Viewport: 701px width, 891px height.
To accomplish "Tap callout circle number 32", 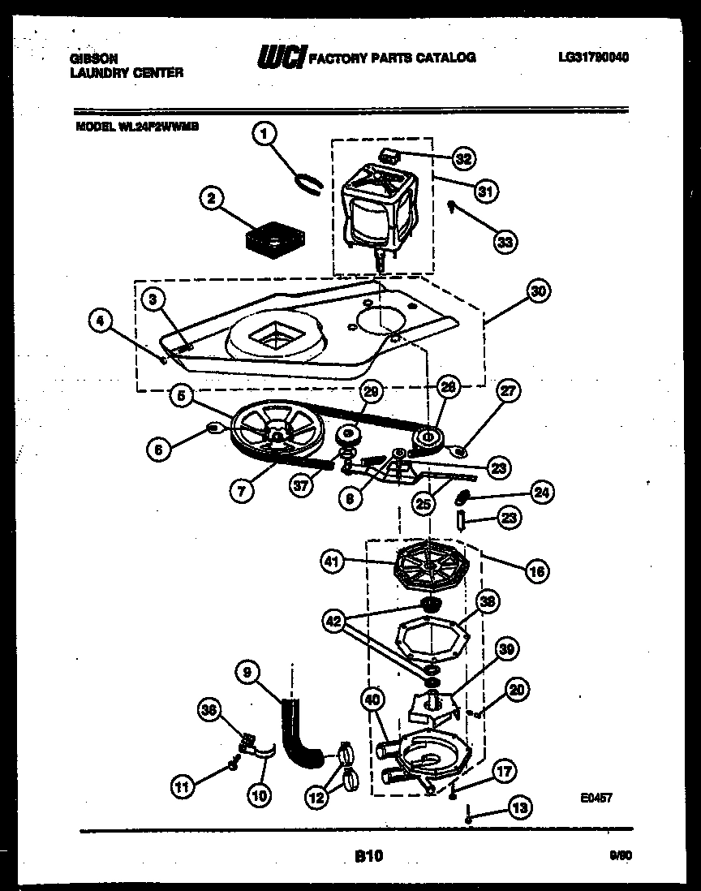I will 463,159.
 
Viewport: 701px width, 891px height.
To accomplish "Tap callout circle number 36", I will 211,711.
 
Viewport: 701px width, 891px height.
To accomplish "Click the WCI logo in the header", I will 280,57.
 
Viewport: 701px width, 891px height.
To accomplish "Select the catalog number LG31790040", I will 594,57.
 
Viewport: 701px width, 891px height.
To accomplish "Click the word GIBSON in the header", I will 91,58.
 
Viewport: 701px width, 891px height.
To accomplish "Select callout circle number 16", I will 536,572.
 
